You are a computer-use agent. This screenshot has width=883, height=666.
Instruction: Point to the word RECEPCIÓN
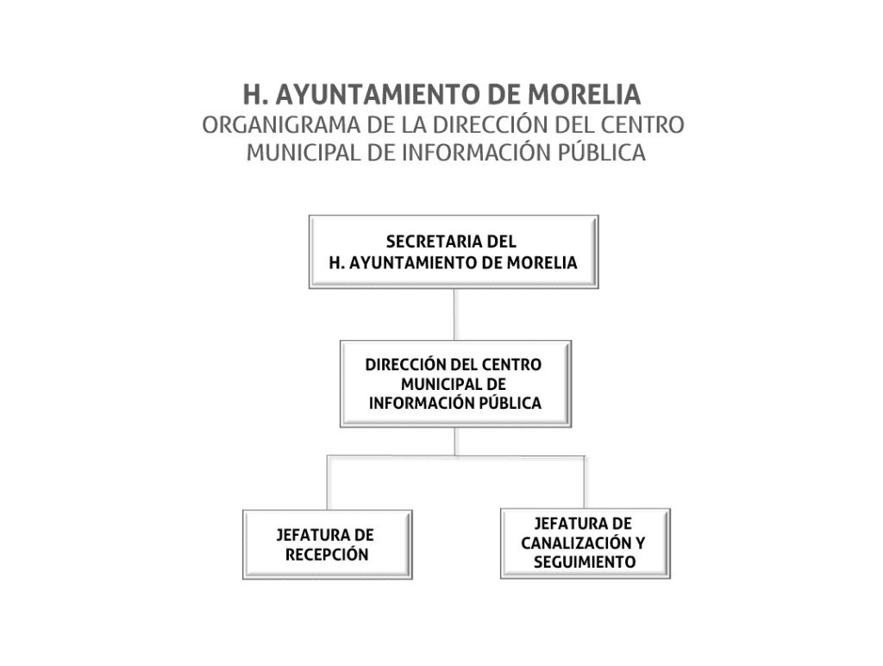[327, 555]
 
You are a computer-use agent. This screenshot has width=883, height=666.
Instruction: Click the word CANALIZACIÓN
[577, 543]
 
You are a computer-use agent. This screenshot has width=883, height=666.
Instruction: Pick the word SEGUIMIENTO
[585, 562]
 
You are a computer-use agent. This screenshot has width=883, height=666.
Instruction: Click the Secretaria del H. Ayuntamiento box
[454, 252]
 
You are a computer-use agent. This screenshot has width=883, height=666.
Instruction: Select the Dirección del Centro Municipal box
[455, 384]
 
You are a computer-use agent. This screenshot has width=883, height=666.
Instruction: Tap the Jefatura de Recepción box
[327, 544]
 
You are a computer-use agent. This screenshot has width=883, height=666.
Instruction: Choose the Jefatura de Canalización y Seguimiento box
[586, 543]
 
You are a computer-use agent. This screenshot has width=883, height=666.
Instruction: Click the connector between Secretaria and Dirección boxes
[454, 314]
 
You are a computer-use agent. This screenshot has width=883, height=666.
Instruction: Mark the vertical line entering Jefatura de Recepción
[327, 482]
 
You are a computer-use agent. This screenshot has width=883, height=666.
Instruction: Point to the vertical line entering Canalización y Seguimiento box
[585, 481]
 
